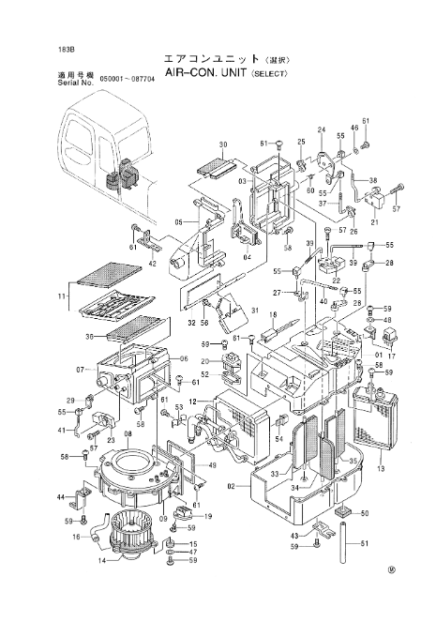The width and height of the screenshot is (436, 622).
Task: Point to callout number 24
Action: pyautogui.click(x=321, y=129)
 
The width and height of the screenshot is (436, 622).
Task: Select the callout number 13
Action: pyautogui.click(x=380, y=467)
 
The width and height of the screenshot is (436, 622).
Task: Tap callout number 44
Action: pyautogui.click(x=61, y=496)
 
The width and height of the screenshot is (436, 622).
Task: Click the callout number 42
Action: pyautogui.click(x=151, y=265)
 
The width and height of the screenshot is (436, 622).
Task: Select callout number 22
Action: pyautogui.click(x=335, y=281)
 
